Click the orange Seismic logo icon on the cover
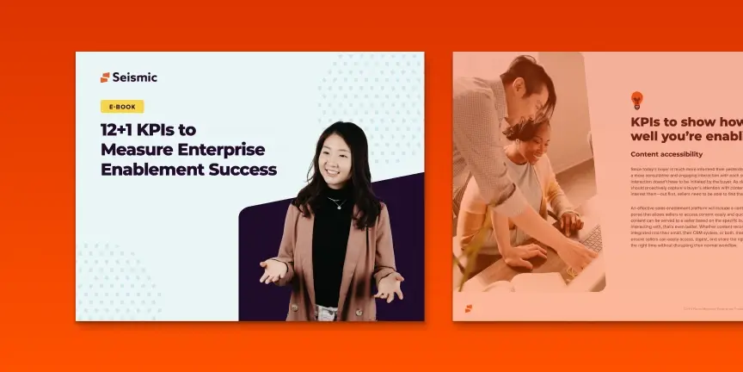[x=105, y=77]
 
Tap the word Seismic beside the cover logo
[x=135, y=77]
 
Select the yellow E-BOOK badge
[x=122, y=107]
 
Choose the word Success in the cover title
[x=243, y=169]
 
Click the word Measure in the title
[x=130, y=149]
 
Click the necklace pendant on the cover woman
[x=337, y=207]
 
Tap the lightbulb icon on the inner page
[x=637, y=100]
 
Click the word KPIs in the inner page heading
[x=650, y=121]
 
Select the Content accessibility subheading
[x=666, y=154]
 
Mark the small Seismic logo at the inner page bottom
[x=469, y=307]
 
